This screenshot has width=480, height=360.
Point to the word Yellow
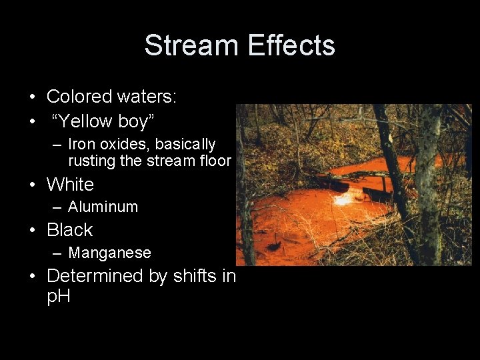coord(85,121)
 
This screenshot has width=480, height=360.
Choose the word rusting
coord(92,161)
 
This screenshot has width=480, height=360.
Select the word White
coord(70,184)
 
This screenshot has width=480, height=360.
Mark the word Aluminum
coord(103,207)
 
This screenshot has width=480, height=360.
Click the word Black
coord(69,230)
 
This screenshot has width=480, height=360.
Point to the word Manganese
coord(109,253)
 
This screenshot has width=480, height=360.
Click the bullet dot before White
coord(33,185)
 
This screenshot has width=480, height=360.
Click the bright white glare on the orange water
coord(345,198)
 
